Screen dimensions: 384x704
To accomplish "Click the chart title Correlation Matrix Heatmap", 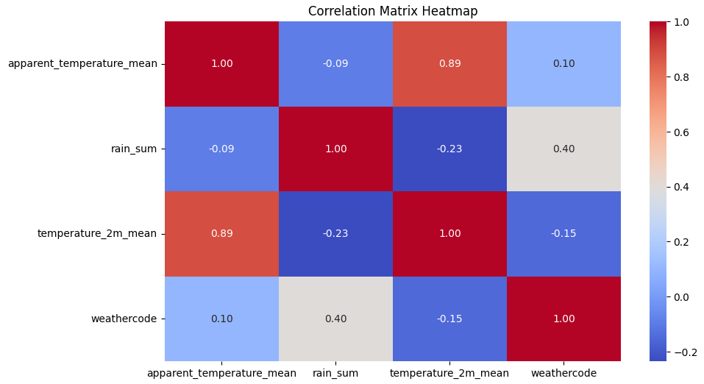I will pos(393,11).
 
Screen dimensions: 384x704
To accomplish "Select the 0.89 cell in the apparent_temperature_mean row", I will pos(449,64).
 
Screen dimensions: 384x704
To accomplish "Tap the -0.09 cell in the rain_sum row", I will pos(221,149).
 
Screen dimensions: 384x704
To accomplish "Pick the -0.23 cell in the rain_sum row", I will pos(449,149).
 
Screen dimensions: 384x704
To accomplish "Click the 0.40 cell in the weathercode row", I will pos(335,319).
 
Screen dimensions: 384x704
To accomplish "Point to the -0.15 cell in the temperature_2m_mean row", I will pos(563,234).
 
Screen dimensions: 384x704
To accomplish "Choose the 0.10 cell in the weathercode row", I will pos(221,319).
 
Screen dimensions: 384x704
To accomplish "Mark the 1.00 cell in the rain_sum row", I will pos(335,149).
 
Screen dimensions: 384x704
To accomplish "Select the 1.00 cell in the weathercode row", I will pos(563,319).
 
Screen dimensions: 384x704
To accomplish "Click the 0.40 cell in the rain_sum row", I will pos(563,149).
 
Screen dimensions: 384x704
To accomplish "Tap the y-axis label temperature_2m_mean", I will pos(97,234).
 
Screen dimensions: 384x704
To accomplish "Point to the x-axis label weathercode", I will pos(563,373).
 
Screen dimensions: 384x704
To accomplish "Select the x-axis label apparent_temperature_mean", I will pos(221,373).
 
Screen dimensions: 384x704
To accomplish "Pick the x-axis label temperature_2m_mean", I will pos(449,373).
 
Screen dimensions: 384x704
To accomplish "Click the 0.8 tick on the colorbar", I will pos(681,77).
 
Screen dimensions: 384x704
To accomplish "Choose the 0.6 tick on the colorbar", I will pos(681,132).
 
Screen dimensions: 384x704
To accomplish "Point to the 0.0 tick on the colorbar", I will pos(681,297).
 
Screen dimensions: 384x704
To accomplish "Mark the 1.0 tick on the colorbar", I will pos(681,23).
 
